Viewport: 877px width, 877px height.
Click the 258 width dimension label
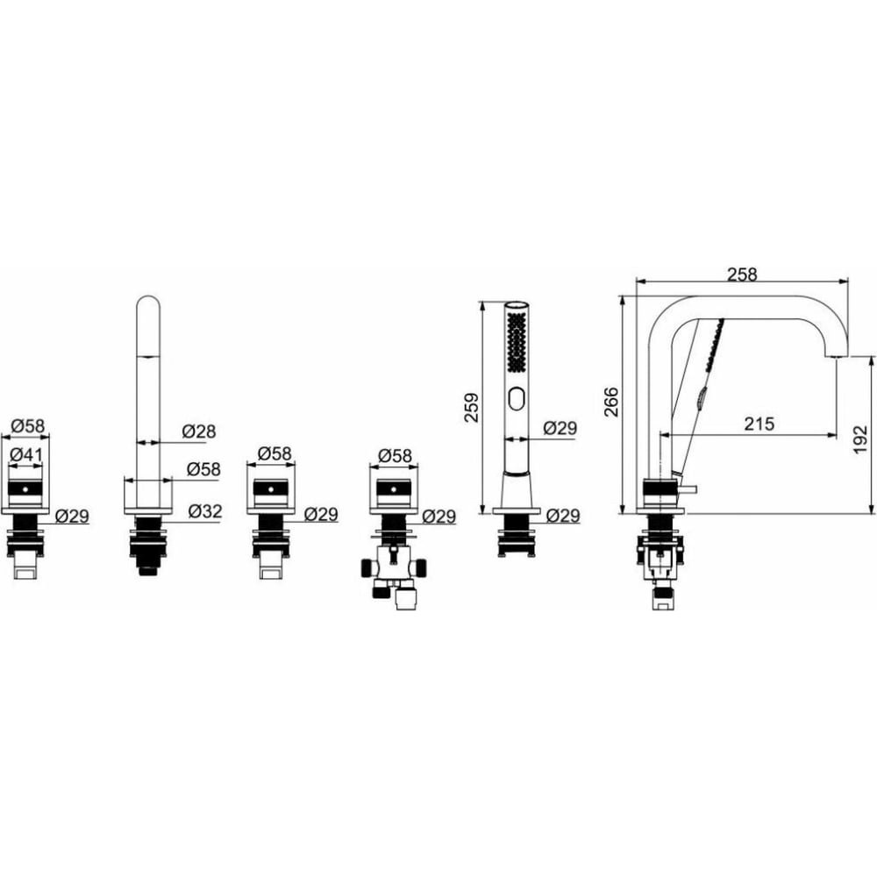coord(742,274)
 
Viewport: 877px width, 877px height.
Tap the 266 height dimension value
coord(611,402)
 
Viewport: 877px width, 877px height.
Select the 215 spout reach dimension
coord(759,424)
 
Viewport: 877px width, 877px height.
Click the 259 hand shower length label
coord(472,407)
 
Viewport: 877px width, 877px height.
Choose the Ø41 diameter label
coord(26,454)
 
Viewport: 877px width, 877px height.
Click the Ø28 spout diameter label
coord(199,431)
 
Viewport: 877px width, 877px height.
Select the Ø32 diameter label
coord(205,510)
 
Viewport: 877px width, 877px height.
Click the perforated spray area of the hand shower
coord(517,341)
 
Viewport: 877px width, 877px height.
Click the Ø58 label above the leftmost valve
coord(27,426)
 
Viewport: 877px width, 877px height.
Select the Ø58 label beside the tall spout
coord(203,468)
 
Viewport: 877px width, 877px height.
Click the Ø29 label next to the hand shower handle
coord(560,428)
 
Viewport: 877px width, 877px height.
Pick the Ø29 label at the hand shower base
coord(562,515)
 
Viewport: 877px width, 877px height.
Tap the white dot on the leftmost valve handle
coord(25,489)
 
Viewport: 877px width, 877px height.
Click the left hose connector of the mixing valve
coord(368,568)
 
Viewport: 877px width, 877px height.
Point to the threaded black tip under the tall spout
coord(147,569)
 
